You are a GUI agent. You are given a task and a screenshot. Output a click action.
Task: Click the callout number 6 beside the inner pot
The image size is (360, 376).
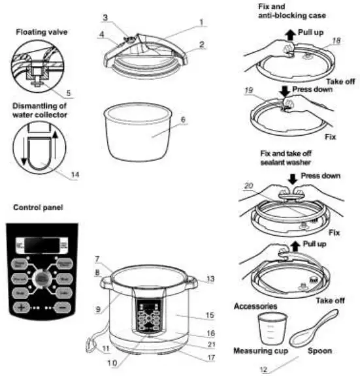point(184,119)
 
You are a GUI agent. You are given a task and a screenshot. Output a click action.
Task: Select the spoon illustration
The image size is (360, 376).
point(318,330)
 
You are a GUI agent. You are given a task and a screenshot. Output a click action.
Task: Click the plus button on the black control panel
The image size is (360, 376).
point(22,306)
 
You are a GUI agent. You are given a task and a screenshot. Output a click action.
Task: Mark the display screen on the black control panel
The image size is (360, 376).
point(40,246)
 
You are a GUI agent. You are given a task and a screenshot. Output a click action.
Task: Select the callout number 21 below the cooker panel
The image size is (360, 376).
point(211,344)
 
